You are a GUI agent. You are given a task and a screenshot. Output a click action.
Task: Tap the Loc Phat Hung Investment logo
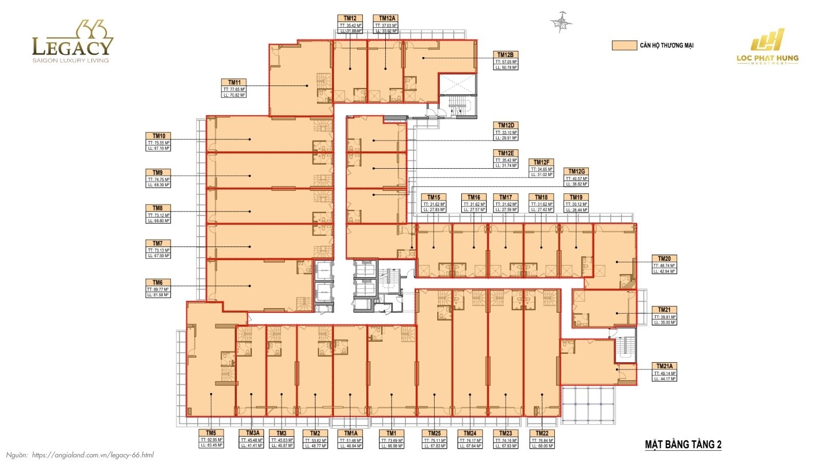coord(768,47)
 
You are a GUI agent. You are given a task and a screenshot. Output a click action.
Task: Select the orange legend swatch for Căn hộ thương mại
coord(624,45)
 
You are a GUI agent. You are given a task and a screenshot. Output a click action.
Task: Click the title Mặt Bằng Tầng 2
coord(683,444)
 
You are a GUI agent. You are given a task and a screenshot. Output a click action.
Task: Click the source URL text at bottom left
coord(92,455)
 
